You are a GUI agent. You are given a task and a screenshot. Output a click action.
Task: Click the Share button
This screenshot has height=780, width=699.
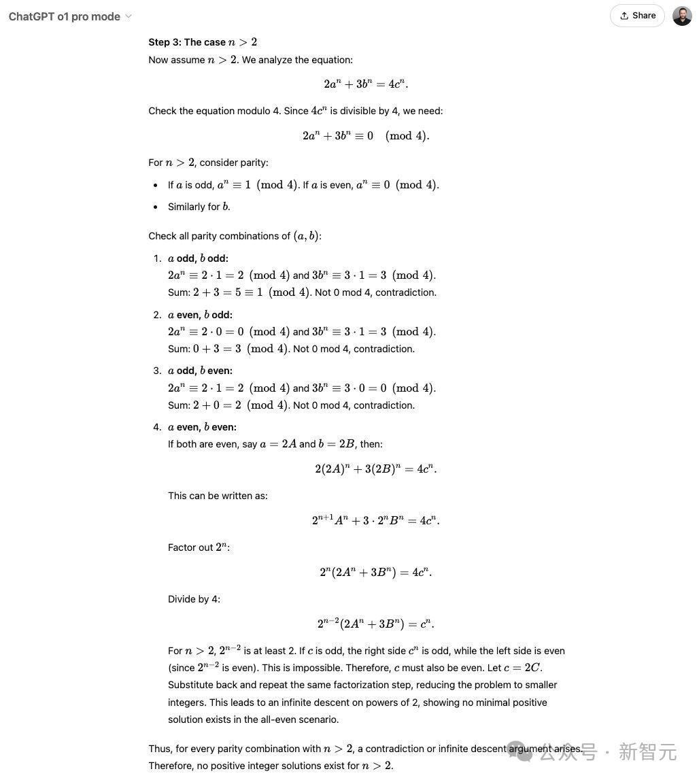point(637,16)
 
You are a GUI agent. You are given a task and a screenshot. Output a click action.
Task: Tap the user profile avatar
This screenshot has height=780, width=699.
point(682,16)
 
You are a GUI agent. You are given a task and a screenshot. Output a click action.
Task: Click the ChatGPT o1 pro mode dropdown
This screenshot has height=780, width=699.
point(70,16)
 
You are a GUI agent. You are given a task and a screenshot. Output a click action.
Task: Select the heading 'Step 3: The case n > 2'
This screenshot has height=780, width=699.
point(203,42)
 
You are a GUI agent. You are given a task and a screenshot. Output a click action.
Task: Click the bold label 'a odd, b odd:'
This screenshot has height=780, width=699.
point(198,258)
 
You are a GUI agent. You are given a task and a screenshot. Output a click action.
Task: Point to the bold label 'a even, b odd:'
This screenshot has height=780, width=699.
point(200,315)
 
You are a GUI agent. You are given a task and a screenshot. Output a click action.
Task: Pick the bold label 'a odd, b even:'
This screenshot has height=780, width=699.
point(200,371)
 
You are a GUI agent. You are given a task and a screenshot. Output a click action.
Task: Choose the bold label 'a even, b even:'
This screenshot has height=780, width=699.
point(202,427)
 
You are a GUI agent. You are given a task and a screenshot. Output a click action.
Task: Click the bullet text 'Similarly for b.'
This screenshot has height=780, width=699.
point(199,207)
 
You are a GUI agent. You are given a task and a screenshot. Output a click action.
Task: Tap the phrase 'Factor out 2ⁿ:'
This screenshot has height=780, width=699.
point(199,547)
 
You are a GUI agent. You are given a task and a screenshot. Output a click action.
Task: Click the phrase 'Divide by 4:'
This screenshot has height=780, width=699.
point(194,599)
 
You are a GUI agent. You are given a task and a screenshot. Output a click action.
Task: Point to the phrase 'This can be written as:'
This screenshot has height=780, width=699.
point(218,496)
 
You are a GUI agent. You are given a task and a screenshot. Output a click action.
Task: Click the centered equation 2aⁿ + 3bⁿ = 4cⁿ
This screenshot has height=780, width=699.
point(366,84)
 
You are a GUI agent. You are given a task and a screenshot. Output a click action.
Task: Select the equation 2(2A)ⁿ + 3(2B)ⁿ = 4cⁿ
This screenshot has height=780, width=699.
point(375,469)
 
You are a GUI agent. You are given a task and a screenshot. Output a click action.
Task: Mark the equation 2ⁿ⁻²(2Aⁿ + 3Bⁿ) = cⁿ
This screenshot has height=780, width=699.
point(375,624)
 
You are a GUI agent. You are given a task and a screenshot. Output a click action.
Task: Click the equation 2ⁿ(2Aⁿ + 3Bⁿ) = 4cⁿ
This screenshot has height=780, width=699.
point(375,572)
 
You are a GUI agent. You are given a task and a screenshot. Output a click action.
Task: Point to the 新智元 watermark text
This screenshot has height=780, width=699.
point(647,752)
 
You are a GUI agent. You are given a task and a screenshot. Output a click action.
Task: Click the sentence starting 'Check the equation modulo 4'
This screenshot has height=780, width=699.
point(296,111)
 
